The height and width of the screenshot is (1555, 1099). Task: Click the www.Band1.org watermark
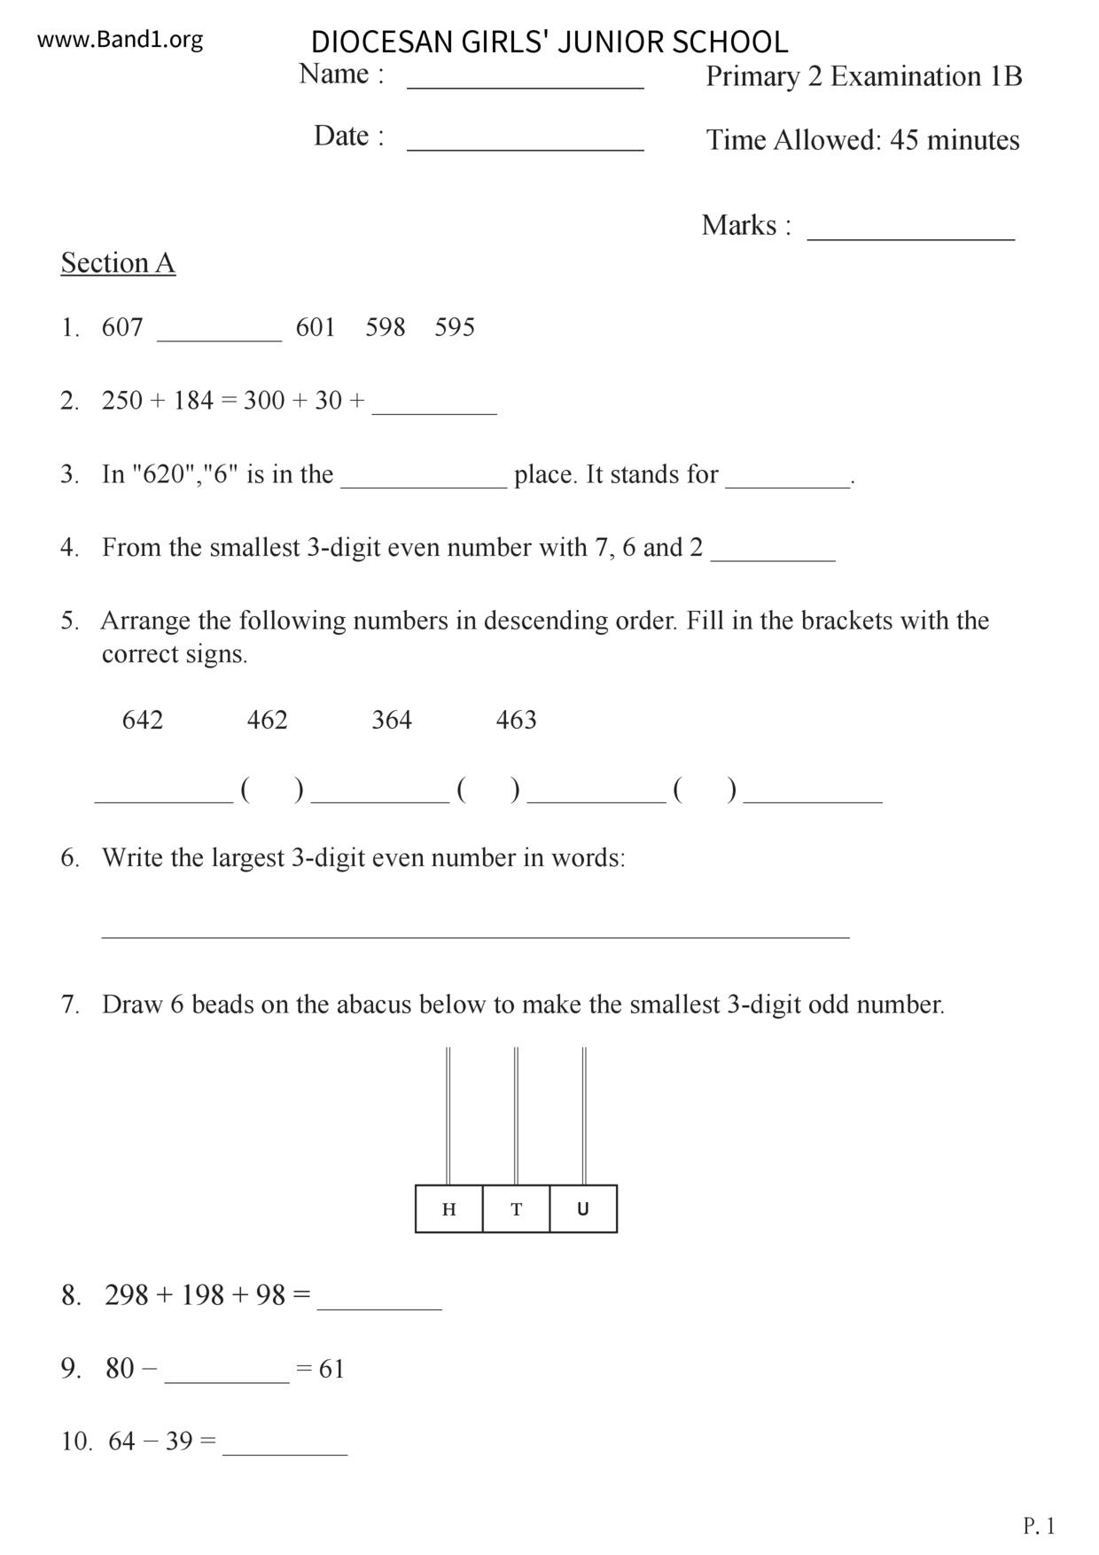point(120,40)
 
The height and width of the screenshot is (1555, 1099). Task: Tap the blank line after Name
point(525,86)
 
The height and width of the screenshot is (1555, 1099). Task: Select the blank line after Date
point(525,148)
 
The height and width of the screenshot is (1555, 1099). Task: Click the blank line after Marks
point(910,237)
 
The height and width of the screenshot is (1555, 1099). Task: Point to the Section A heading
point(118,263)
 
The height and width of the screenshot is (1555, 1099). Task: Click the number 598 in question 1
point(385,327)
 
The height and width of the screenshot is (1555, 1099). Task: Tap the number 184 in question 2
point(193,401)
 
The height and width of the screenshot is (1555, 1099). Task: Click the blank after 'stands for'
point(787,483)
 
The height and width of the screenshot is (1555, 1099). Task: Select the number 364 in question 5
point(392,720)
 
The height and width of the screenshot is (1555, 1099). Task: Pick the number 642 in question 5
point(143,720)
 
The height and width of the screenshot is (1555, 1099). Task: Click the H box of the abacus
point(449,1209)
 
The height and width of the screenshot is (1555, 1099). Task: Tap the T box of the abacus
point(517,1209)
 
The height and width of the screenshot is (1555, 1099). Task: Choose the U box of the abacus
point(583,1209)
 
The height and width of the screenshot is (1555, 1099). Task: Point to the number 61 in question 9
point(331,1370)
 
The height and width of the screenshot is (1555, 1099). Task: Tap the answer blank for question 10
point(284,1451)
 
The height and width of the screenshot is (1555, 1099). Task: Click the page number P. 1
point(1039,1526)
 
